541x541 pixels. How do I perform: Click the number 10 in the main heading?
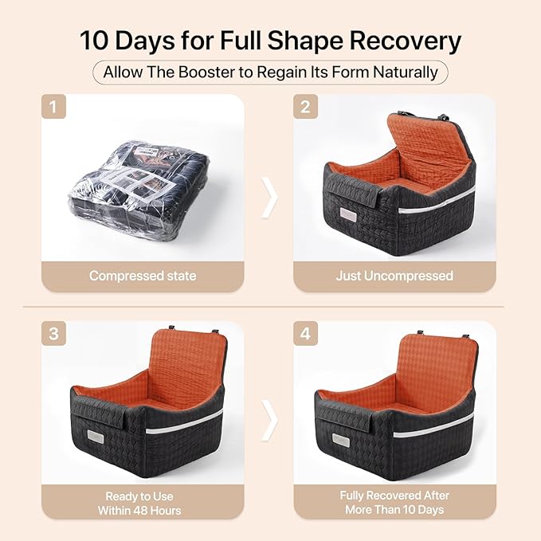(x=94, y=41)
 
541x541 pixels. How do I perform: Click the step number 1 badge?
(x=53, y=106)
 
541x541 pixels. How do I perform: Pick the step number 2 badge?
(x=305, y=106)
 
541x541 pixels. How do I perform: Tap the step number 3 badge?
(x=53, y=333)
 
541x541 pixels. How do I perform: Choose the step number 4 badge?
(x=305, y=333)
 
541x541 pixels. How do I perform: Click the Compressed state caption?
(x=143, y=276)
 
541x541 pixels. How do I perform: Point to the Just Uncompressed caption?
(x=394, y=276)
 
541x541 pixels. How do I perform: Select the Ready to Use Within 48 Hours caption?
(x=139, y=503)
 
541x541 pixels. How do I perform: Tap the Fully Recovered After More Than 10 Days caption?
(x=394, y=502)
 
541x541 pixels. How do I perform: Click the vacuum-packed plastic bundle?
(x=138, y=190)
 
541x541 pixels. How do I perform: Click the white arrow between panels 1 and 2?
(x=269, y=198)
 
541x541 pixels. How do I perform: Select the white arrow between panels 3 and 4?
(x=269, y=420)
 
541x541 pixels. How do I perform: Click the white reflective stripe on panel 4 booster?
(x=433, y=425)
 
